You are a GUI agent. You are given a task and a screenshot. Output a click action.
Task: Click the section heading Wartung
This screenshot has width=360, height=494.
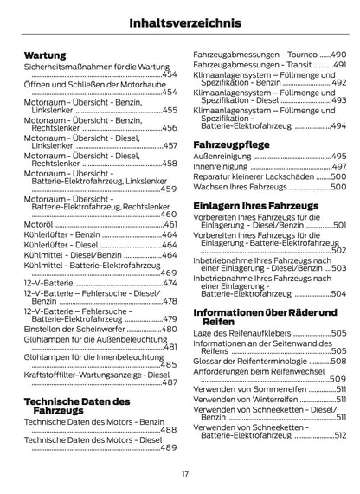[x=46, y=54]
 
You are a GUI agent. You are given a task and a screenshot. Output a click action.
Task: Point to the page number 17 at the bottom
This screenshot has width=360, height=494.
[x=184, y=472]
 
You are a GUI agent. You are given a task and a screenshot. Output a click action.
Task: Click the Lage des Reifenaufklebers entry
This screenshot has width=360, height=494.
[x=241, y=333]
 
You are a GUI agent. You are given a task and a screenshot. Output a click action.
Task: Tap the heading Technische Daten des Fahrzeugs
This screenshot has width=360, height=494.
[x=76, y=407]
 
